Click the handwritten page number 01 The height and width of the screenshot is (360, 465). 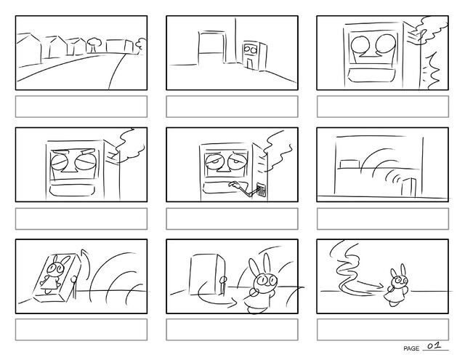pyautogui.click(x=434, y=345)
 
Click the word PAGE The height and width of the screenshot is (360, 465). pyautogui.click(x=411, y=348)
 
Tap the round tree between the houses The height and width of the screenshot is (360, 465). pyautogui.click(x=94, y=44)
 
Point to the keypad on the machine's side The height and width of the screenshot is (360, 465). pyautogui.click(x=261, y=190)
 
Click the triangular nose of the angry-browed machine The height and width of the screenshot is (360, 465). pyautogui.click(x=68, y=169)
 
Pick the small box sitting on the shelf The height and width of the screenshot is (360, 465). pyautogui.click(x=349, y=164)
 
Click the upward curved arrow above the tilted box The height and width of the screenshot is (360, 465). pyautogui.click(x=86, y=263)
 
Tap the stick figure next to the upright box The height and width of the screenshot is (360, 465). pyautogui.click(x=223, y=286)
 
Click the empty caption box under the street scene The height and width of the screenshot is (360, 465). pyautogui.click(x=81, y=106)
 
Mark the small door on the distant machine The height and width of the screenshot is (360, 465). pyautogui.click(x=250, y=63)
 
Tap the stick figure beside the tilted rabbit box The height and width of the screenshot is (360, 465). pyautogui.click(x=74, y=287)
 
